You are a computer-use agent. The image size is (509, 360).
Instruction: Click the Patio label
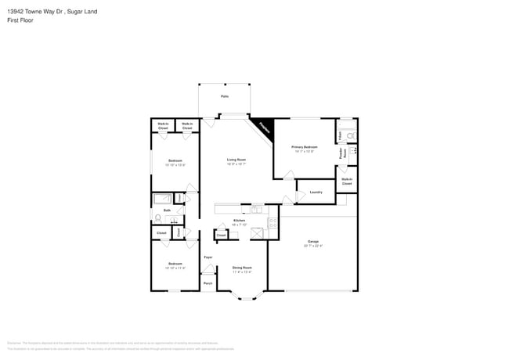click(225, 95)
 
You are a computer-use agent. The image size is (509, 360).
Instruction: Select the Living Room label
click(236, 160)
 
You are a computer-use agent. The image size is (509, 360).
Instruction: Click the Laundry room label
click(316, 192)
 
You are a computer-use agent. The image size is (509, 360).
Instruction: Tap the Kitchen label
click(240, 221)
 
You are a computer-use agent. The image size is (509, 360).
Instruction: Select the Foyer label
click(208, 257)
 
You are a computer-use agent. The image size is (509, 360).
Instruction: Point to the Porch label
click(208, 283)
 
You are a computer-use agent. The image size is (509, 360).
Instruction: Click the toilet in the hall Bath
click(159, 218)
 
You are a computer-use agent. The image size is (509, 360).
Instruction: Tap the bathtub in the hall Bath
click(163, 199)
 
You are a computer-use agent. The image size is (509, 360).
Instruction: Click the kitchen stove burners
click(273, 223)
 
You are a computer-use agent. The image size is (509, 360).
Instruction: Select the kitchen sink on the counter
click(257, 209)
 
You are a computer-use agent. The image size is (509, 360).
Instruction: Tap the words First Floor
click(21, 21)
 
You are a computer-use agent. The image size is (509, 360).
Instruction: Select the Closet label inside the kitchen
click(222, 234)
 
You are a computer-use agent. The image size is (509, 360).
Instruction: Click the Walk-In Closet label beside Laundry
click(347, 182)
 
